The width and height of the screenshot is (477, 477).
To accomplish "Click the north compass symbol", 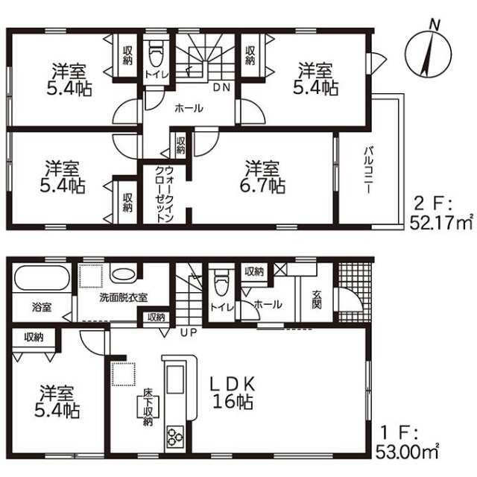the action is click(x=429, y=52).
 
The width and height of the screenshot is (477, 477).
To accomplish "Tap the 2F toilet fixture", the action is click(x=157, y=54).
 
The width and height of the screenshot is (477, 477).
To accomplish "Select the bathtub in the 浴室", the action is click(x=41, y=278).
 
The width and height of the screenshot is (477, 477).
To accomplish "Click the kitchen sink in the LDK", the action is click(x=174, y=379).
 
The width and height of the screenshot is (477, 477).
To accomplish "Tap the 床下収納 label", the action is click(x=148, y=411).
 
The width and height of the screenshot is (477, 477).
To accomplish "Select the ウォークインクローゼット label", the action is click(x=164, y=194).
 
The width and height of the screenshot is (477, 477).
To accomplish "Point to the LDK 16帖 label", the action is click(x=233, y=393).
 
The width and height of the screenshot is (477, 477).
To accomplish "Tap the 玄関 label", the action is click(x=316, y=300).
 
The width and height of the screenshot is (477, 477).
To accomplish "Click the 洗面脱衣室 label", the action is click(x=124, y=297).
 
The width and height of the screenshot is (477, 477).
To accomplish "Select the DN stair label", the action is click(x=221, y=88).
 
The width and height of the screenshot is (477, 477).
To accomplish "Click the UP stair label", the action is click(x=189, y=332).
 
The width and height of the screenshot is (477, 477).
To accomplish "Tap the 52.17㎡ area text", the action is click(x=441, y=222).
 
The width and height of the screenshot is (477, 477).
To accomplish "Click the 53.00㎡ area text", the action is click(x=407, y=452).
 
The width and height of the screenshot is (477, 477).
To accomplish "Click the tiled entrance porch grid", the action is click(x=355, y=292).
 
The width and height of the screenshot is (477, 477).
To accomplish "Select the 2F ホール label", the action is click(x=189, y=108).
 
